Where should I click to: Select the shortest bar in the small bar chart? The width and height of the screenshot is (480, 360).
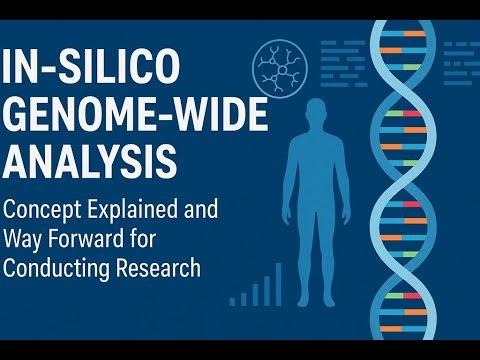(x=233, y=299)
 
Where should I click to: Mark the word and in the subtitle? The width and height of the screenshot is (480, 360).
(x=199, y=212)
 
